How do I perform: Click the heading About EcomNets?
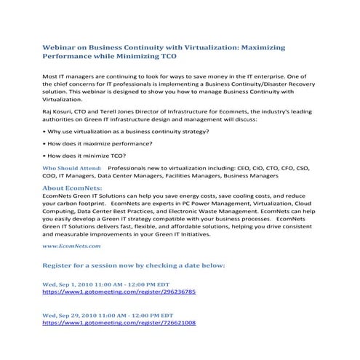[73, 188]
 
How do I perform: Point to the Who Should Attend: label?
[71, 167]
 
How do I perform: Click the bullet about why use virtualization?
[127, 131]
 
